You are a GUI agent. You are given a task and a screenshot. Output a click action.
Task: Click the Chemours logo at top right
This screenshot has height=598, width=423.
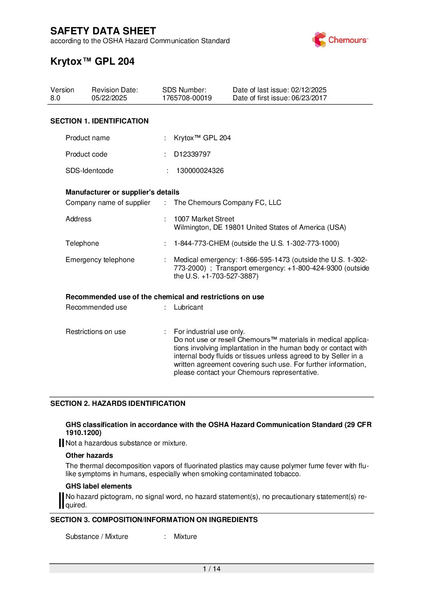[x=339, y=40]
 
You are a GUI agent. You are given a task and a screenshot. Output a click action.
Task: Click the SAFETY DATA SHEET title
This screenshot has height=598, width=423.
[x=103, y=31]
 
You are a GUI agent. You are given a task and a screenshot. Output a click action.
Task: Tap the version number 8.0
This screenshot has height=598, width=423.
[x=55, y=98]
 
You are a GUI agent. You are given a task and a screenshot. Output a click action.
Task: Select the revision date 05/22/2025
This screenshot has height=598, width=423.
[x=109, y=98]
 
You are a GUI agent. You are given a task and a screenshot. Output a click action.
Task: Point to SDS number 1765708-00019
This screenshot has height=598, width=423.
[x=187, y=98]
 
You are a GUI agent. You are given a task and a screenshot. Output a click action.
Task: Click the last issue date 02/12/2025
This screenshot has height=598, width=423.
[x=309, y=90]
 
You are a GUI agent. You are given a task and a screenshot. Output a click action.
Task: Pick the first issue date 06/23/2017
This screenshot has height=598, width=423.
[x=309, y=98]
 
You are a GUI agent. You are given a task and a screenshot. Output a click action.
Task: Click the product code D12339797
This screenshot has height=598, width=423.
[x=192, y=154]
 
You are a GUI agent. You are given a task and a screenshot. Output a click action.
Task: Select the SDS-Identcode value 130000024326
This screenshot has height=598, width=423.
[x=200, y=171]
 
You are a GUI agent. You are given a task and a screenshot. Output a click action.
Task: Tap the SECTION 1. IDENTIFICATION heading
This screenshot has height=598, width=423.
[x=99, y=121]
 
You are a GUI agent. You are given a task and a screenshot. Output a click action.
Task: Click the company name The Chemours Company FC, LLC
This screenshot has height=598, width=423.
[x=227, y=203]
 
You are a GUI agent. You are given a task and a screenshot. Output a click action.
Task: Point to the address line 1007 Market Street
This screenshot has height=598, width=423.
[x=204, y=219]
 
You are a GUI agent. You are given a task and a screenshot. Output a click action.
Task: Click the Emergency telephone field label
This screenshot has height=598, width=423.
[x=100, y=260]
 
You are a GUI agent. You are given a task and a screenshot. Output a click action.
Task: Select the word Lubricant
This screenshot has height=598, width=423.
[x=188, y=307]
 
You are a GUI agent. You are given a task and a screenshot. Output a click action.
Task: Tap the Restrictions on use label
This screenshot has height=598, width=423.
[x=96, y=332]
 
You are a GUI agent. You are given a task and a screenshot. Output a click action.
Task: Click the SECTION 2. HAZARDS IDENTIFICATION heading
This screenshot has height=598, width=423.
[x=118, y=403]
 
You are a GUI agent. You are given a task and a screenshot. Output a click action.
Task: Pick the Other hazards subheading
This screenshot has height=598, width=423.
[x=89, y=455]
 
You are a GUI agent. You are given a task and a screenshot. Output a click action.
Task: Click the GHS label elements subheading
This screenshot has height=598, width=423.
[x=98, y=486]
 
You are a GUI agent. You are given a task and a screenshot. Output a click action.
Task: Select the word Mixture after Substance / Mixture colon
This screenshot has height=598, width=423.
[x=185, y=536]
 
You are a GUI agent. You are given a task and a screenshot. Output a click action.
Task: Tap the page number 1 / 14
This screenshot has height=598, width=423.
[x=211, y=569]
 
